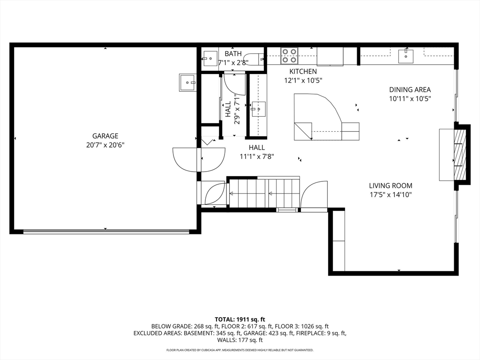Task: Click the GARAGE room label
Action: (x=105, y=136)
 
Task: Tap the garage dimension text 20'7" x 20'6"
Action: (x=105, y=145)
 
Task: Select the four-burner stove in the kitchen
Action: (x=289, y=56)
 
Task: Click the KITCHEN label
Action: (x=303, y=72)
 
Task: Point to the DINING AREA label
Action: (x=410, y=90)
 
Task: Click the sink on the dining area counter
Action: (x=406, y=56)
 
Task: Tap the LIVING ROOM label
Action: (x=390, y=186)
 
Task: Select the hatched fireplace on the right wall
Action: (x=459, y=155)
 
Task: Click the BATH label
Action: (x=233, y=54)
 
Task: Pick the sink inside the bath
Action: (x=210, y=59)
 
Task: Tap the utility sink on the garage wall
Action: (x=187, y=82)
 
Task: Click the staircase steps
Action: (x=264, y=194)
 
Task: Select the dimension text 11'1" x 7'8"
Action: (x=256, y=157)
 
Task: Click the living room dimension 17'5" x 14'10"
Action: (x=390, y=195)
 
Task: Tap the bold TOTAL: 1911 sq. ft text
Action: (x=240, y=320)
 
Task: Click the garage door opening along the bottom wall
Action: (x=106, y=232)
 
